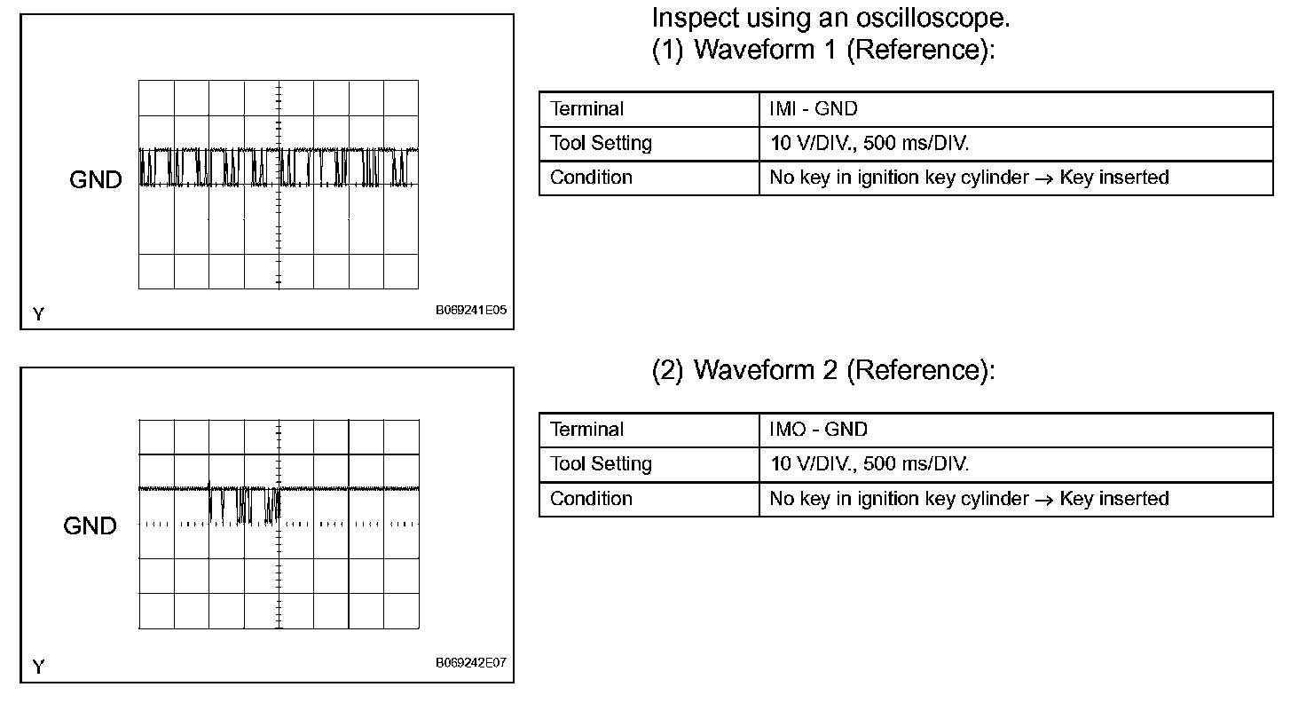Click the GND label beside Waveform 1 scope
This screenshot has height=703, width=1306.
coord(96,180)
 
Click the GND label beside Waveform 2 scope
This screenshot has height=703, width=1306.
coord(90,526)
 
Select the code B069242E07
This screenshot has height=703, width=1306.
coord(471,663)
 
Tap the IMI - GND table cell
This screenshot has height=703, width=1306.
coord(814,109)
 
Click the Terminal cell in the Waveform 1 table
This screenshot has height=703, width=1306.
coord(586,109)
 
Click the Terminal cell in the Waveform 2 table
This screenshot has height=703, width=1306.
coord(586,430)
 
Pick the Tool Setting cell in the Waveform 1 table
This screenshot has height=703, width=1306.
coord(601,143)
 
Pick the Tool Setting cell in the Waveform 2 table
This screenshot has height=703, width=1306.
coord(601,463)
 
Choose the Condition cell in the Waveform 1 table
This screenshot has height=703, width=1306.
coord(591,178)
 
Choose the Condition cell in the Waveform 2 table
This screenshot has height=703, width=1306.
coord(591,498)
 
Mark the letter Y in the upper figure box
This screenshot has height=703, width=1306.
coord(38,314)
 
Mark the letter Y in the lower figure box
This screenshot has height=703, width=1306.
coord(38,667)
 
